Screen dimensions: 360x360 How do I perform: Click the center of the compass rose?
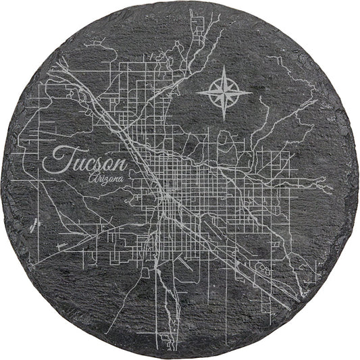[x=225, y=92]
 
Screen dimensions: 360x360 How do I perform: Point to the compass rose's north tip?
[x=225, y=66]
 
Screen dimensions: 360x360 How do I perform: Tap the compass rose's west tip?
[x=197, y=92]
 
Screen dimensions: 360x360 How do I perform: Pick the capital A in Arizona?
[x=91, y=178]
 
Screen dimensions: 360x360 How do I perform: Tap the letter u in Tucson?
[x=75, y=164]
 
